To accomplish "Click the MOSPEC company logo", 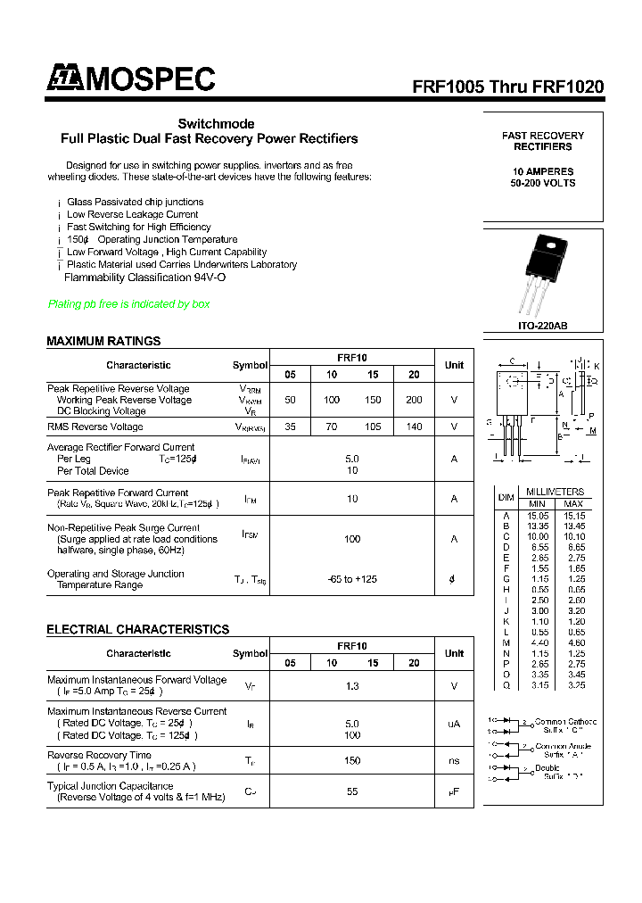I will pos(131,79).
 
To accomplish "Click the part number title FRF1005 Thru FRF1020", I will pos(507,87).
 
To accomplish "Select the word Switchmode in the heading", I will pos(216,124).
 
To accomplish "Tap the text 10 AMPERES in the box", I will pos(543,171).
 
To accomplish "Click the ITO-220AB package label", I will pos(542,327).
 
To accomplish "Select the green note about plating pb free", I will pos(128,304).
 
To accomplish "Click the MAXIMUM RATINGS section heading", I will pos(103,341).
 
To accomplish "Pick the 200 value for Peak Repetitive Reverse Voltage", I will pos(414,400).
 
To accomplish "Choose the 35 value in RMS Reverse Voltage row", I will pos(290,427).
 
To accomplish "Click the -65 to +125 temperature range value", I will pos(352,579).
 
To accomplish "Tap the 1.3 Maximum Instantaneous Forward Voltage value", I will pos(352,685).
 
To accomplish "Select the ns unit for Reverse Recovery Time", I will pos(453,760).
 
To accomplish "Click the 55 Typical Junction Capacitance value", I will pos(352,791).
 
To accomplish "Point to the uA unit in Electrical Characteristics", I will pos(453,724).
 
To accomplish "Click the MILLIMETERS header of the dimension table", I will pos(555,492).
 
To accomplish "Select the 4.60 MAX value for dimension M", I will pos(573,643).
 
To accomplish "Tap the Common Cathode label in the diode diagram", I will pos(565,721).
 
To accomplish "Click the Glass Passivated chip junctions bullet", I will pos(135,202).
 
